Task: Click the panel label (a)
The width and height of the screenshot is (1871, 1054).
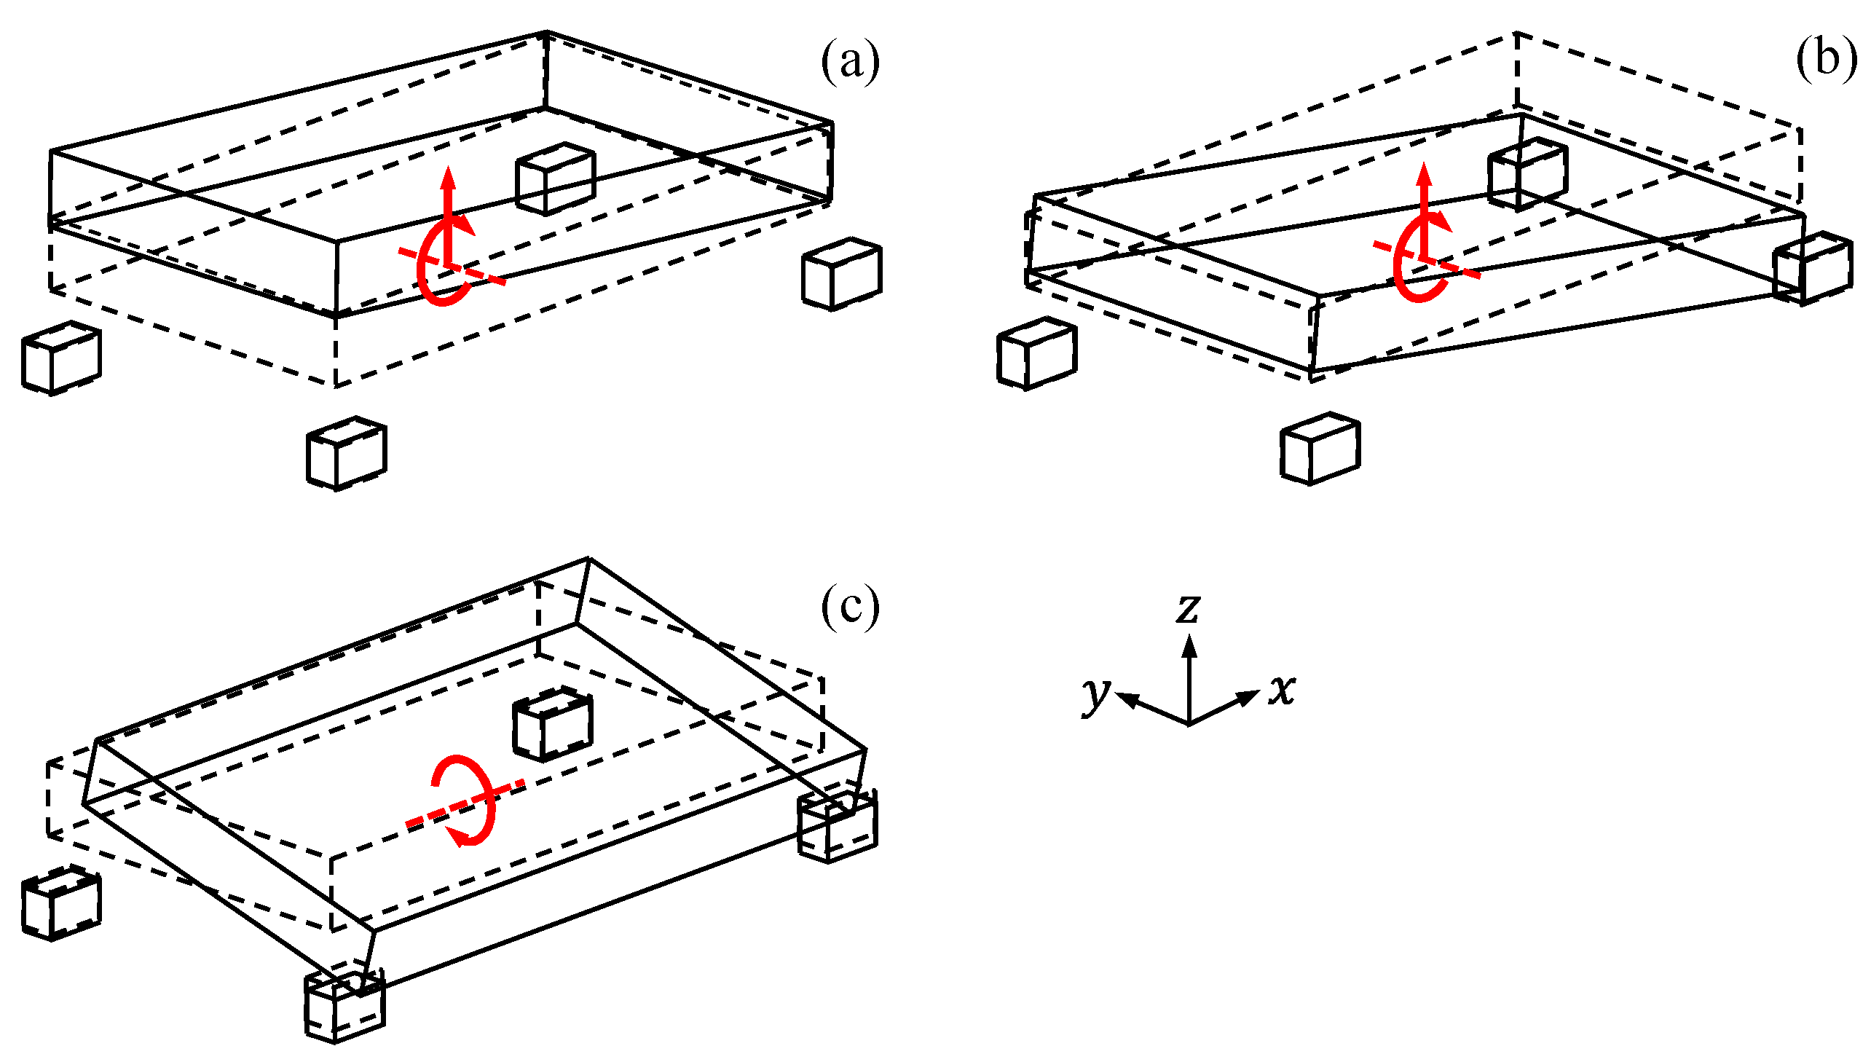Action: pos(850,62)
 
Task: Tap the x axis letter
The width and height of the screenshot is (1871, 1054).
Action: pos(1282,689)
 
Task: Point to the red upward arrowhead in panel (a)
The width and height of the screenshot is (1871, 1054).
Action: pos(448,177)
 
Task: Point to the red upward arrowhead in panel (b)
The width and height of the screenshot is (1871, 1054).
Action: pos(1424,175)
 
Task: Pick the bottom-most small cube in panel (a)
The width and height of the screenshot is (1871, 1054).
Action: pos(346,453)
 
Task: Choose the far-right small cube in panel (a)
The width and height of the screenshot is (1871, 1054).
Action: pos(841,274)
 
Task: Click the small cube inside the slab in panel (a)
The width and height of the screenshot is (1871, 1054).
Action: pos(555,178)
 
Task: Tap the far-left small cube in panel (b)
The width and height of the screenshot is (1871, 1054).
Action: pos(1036,354)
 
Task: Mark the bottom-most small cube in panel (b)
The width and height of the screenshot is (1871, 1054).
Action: pos(1320,449)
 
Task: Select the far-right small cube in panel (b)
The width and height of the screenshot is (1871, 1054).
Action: pos(1812,269)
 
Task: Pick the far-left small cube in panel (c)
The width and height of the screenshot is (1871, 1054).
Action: pos(61,903)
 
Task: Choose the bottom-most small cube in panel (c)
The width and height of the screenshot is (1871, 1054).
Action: pos(344,1007)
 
